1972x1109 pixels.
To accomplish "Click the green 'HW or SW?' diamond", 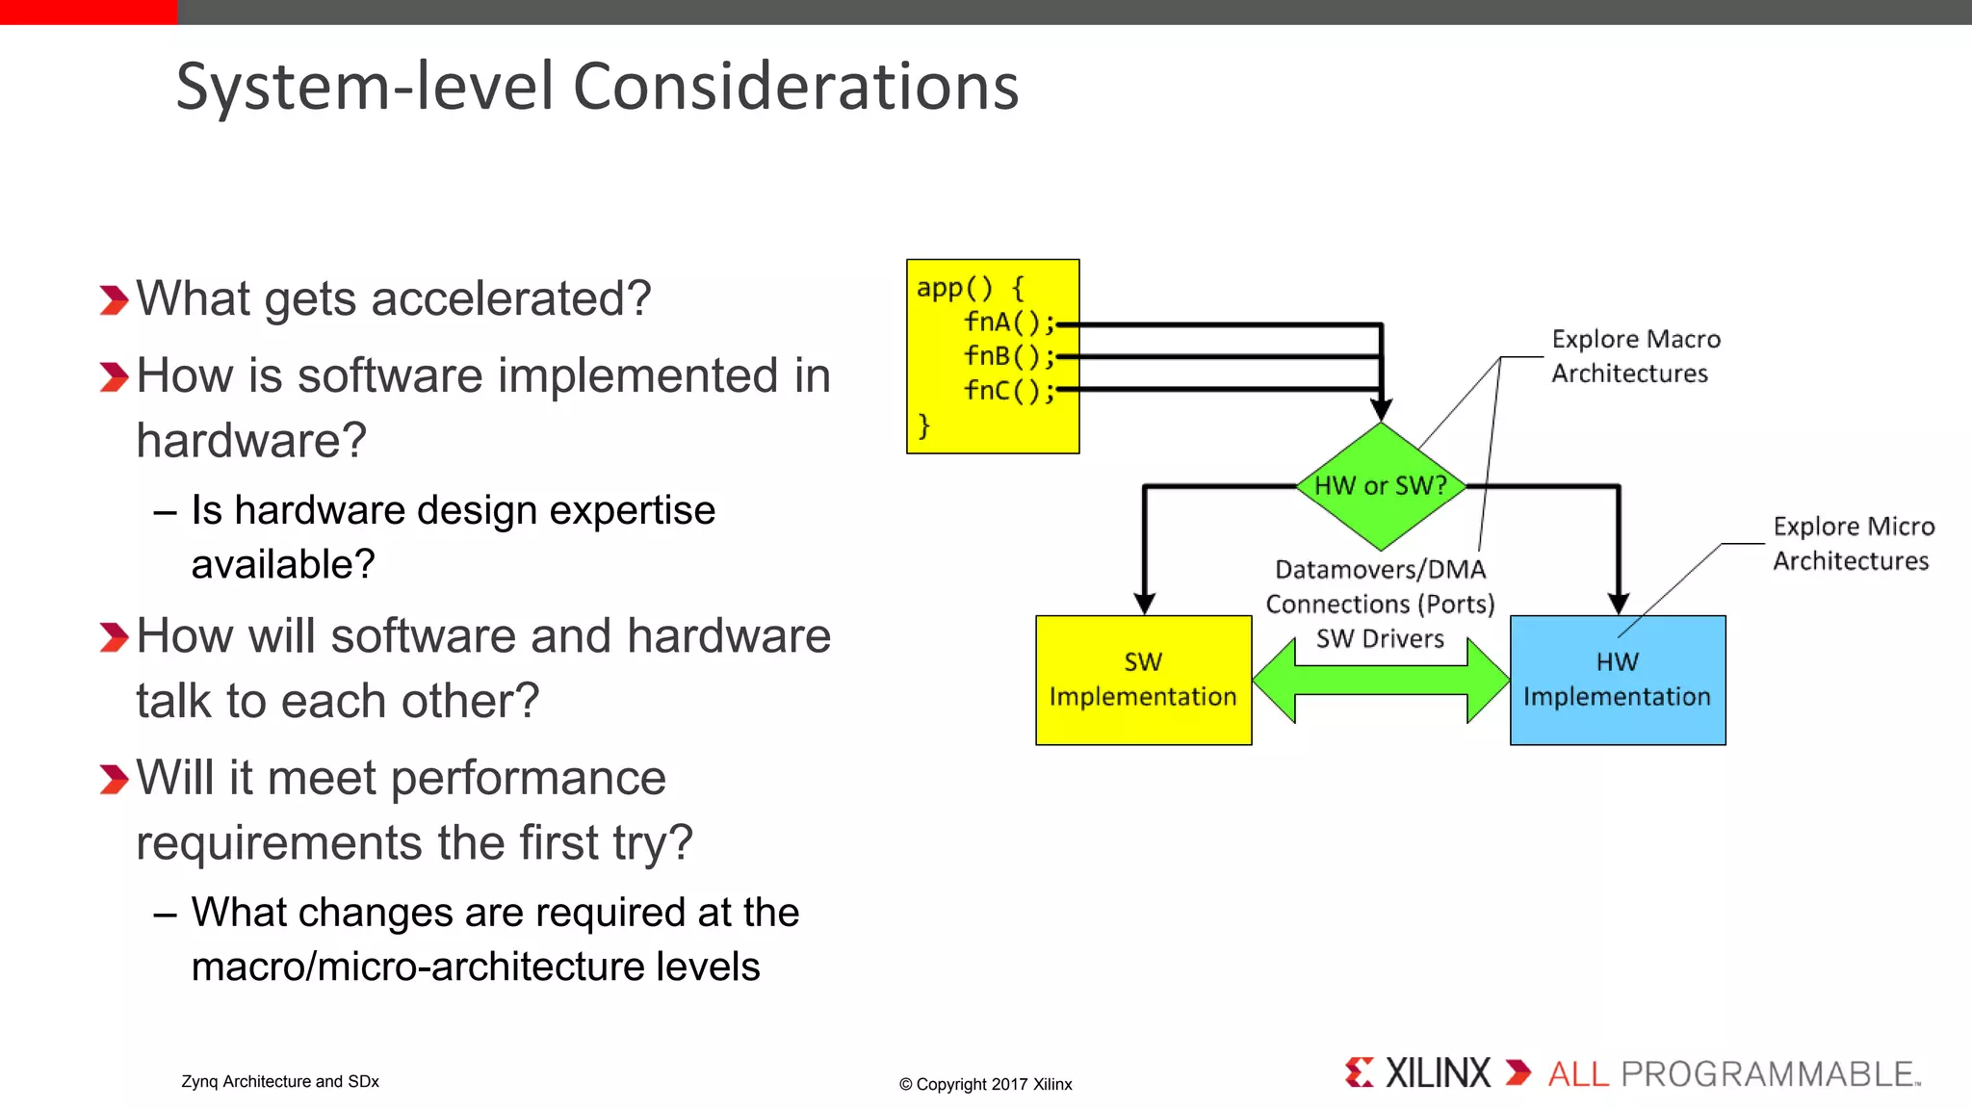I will click(1380, 486).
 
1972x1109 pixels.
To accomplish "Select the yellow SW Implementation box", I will click(1143, 680).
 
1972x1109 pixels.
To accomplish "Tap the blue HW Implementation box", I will click(1617, 680).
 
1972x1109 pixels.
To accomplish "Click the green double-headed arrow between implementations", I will click(1381, 680).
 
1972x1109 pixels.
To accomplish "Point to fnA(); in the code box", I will click(1008, 322).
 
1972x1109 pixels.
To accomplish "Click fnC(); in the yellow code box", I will click(1008, 391).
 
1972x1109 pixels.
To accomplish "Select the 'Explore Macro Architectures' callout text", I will click(1634, 356).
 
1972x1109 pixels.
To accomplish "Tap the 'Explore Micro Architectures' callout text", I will click(1853, 544).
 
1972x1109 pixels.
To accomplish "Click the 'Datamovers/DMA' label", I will click(1380, 569).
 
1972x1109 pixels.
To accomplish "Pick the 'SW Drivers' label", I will click(1380, 638).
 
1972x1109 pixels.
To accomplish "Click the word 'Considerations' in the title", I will click(795, 87).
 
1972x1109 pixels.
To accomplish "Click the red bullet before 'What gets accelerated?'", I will click(114, 300).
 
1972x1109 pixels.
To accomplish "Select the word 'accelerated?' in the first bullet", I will click(510, 298).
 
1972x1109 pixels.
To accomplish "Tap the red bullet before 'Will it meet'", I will click(114, 779).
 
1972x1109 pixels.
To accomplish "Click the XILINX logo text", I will click(1437, 1072).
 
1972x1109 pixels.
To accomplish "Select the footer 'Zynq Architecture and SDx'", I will click(279, 1081).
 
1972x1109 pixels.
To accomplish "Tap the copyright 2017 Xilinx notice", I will click(985, 1084).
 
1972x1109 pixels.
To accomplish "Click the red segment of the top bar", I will click(88, 12).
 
